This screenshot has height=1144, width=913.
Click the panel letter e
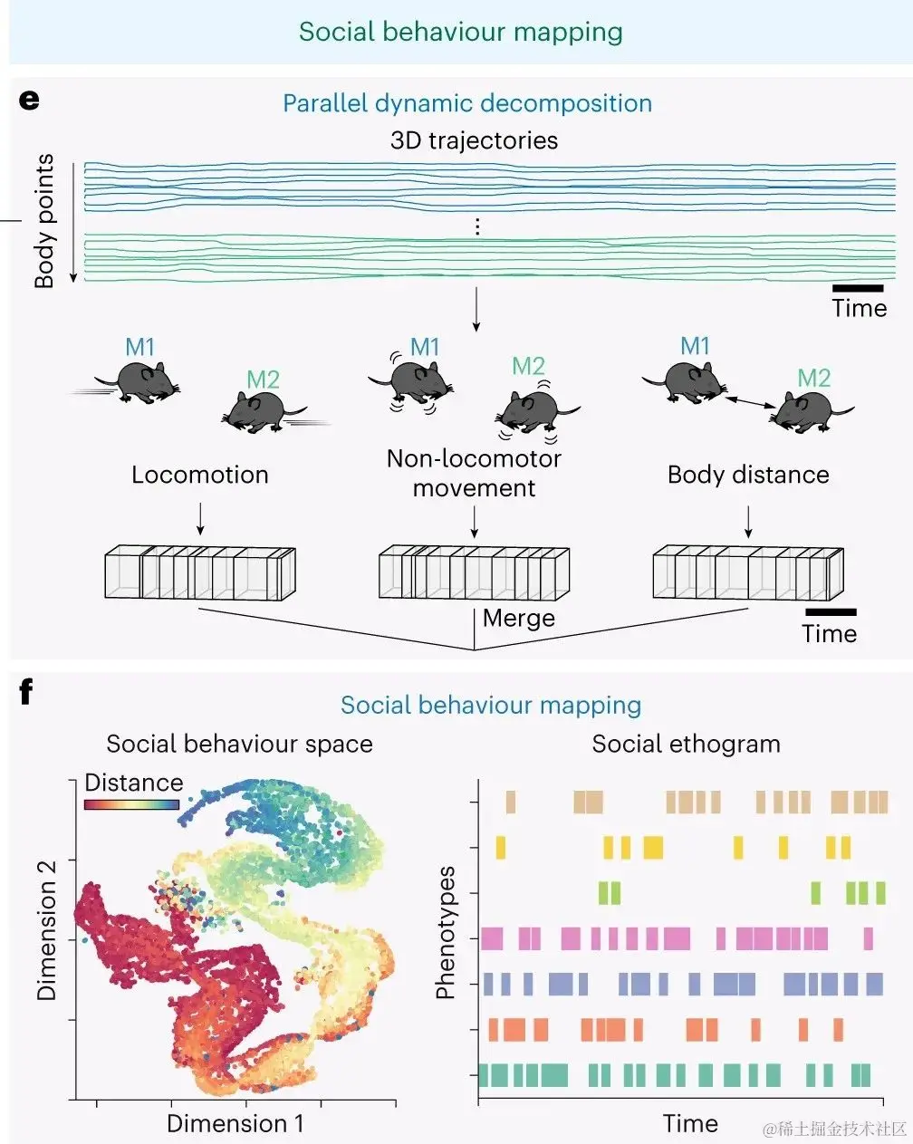29,99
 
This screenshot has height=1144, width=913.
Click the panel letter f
26,693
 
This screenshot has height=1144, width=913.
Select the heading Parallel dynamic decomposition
467,103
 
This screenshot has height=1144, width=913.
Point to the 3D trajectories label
474,140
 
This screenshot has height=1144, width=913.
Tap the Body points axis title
44,221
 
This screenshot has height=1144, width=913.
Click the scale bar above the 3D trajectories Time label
857,288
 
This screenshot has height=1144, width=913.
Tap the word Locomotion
200,475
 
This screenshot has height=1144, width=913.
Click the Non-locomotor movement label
474,473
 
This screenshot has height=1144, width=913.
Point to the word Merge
519,619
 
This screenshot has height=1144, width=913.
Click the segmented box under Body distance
748,572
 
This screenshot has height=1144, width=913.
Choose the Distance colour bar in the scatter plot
132,803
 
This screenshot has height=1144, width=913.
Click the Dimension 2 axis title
47,930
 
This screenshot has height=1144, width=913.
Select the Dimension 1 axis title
235,1124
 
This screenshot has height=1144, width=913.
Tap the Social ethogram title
686,745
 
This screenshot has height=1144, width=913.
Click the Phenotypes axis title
445,933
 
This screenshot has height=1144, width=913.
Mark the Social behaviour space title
239,745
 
